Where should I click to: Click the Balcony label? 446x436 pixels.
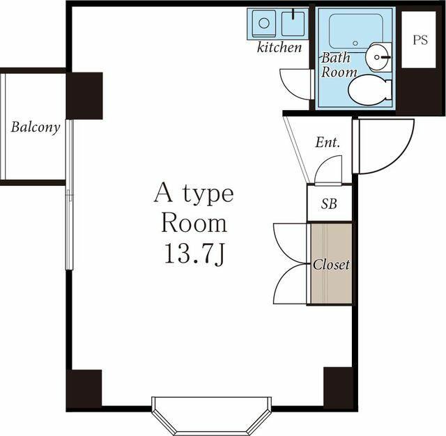click(36, 127)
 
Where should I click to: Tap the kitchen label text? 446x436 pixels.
click(279, 47)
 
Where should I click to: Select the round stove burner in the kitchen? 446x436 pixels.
click(264, 23)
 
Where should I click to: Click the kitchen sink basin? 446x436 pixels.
click(293, 23)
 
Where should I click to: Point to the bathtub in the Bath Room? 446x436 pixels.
click(356, 31)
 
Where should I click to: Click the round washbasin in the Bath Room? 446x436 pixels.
click(378, 57)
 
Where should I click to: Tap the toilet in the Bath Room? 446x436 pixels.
click(370, 90)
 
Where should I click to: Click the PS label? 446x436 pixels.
click(420, 40)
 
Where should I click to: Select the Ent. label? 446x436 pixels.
click(328, 142)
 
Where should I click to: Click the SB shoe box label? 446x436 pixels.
click(329, 203)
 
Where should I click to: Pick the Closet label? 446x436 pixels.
click(331, 265)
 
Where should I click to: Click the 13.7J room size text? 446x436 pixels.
click(194, 254)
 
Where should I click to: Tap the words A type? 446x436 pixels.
click(194, 193)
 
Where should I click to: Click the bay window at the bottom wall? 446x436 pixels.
click(211, 415)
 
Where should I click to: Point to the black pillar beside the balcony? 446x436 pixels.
click(84, 96)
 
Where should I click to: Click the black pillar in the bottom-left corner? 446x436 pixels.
click(84, 388)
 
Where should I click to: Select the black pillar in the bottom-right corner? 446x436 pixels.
click(338, 387)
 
